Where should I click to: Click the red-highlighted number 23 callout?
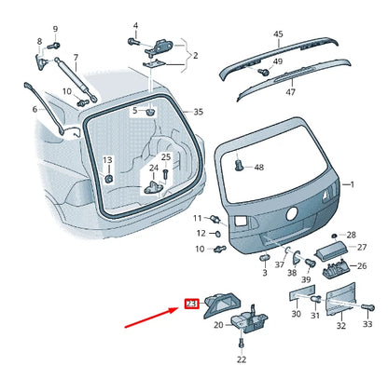191,304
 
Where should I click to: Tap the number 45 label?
277,34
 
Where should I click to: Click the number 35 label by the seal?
198,112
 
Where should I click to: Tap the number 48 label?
259,168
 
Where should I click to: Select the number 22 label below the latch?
241,359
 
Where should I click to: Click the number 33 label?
367,324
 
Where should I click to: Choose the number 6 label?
35,110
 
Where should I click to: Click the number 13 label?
107,160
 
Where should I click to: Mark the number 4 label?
134,25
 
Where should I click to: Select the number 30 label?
296,315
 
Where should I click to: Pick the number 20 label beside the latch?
218,325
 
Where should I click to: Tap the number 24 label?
154,168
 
